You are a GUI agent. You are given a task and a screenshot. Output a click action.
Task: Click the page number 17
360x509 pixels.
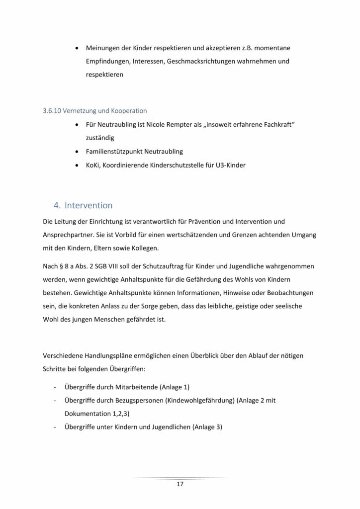pyautogui.click(x=180, y=483)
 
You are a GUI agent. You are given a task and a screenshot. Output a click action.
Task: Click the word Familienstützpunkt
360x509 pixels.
pyautogui.click(x=113, y=150)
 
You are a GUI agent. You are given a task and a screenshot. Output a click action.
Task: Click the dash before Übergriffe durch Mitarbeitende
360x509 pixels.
pyautogui.click(x=53, y=387)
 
